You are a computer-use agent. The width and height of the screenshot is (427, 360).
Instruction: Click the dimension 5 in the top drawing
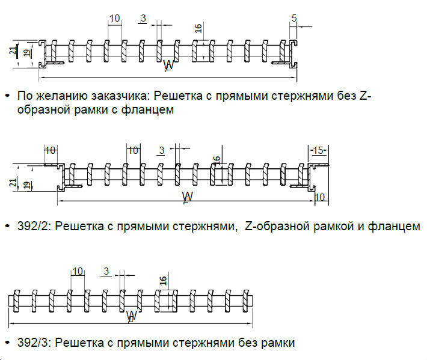[x=293, y=19]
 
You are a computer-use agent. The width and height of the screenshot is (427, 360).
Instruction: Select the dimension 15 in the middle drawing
[x=318, y=150]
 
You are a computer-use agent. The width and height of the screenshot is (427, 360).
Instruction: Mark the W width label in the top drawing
[x=168, y=66]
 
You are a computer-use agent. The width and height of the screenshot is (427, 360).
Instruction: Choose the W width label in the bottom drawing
[x=132, y=315]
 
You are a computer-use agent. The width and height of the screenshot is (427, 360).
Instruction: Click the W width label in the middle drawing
[x=187, y=197]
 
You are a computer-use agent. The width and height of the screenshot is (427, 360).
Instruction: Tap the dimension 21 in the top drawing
[x=13, y=51]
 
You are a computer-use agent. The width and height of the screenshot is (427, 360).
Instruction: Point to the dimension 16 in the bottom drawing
[x=162, y=281]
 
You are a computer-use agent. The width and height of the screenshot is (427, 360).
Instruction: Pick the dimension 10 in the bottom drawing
[x=77, y=271]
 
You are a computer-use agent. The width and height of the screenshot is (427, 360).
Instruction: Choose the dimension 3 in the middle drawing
[x=160, y=150]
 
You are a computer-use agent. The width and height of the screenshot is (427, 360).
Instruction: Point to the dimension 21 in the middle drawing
[x=13, y=182]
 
